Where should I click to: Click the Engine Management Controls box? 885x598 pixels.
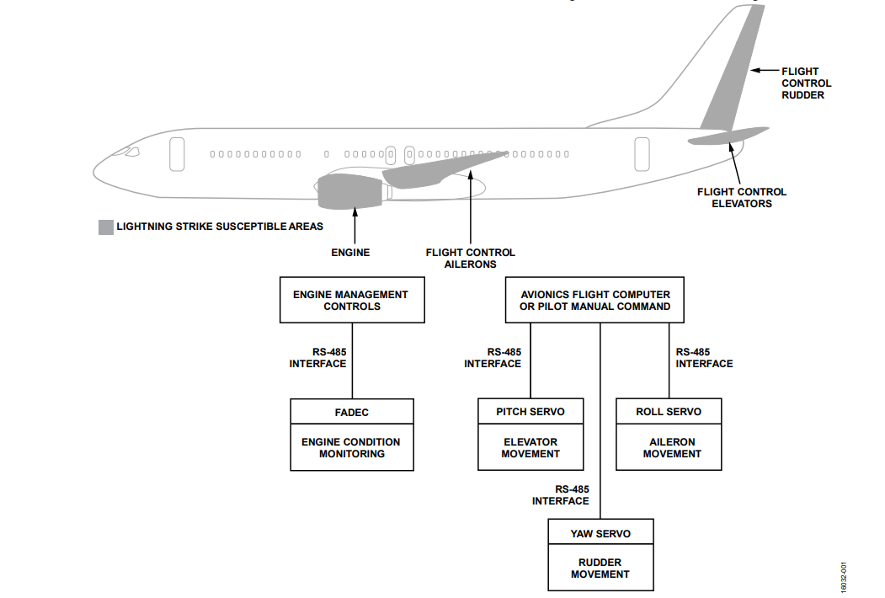pos(351,301)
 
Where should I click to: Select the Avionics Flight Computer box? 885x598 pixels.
pos(594,301)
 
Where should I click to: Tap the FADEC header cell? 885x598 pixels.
pos(352,412)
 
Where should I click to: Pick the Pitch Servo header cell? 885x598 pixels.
pos(530,411)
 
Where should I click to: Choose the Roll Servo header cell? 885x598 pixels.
pos(669,411)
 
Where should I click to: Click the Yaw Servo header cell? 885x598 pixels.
pos(600,533)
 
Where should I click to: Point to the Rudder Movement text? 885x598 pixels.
pos(600,569)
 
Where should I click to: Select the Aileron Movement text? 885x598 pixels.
pos(671,447)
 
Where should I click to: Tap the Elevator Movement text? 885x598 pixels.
pos(530,447)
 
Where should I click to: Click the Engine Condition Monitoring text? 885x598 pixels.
pos(352,447)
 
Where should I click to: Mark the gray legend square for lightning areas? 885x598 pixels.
pos(105,227)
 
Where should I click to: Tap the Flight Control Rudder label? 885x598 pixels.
pos(806,83)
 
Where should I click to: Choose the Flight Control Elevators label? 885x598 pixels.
pos(741,198)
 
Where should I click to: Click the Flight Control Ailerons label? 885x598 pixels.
pos(470,258)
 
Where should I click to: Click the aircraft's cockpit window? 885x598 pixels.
pos(131,152)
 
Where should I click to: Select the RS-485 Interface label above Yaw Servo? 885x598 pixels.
pos(561,494)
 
